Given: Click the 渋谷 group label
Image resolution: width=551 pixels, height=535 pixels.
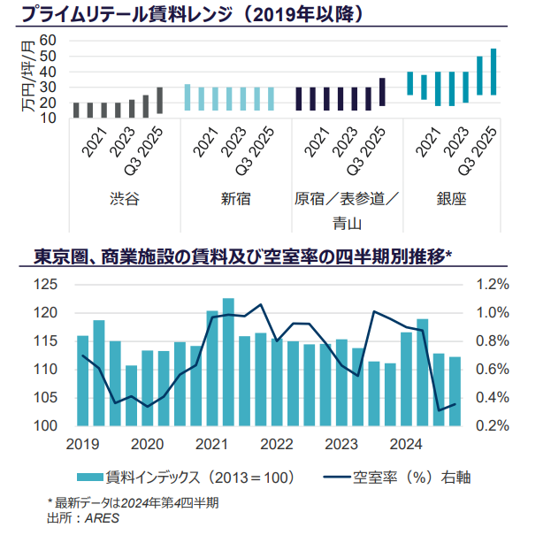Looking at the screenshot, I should tap(125, 199).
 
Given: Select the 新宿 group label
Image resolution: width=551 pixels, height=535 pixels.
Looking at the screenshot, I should tap(236, 199).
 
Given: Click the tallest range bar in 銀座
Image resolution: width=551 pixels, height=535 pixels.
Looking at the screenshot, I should tap(494, 72).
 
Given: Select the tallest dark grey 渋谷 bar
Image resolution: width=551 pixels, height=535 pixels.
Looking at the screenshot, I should tap(160, 100).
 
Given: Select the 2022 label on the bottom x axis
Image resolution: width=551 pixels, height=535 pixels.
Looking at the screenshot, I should tap(277, 443).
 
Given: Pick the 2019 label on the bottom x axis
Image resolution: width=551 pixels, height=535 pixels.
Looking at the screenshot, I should tap(82, 443).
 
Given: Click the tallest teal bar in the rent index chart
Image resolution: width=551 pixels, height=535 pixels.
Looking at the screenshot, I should tap(228, 362).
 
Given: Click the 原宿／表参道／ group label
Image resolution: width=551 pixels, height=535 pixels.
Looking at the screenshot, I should tap(346, 199).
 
